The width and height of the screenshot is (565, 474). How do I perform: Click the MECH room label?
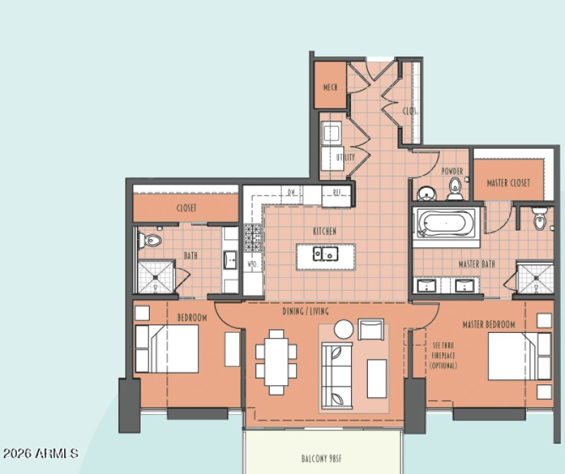330,87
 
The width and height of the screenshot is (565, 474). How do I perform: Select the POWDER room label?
452,171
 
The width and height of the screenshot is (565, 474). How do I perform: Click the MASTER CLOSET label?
509,183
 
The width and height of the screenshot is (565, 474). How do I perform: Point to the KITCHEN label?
325,231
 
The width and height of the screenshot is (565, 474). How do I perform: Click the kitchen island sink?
326,254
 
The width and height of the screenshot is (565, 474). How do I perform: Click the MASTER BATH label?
477,265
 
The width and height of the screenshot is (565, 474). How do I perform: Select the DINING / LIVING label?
306,311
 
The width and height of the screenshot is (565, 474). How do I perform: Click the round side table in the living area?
344,329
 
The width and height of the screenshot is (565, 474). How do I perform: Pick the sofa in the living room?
337,375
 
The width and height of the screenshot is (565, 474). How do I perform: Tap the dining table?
276,361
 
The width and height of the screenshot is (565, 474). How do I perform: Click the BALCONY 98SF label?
324,458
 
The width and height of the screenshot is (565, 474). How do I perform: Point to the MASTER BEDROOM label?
489,324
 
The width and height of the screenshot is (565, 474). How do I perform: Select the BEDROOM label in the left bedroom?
192,318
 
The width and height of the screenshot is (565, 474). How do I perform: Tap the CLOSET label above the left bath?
186,208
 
